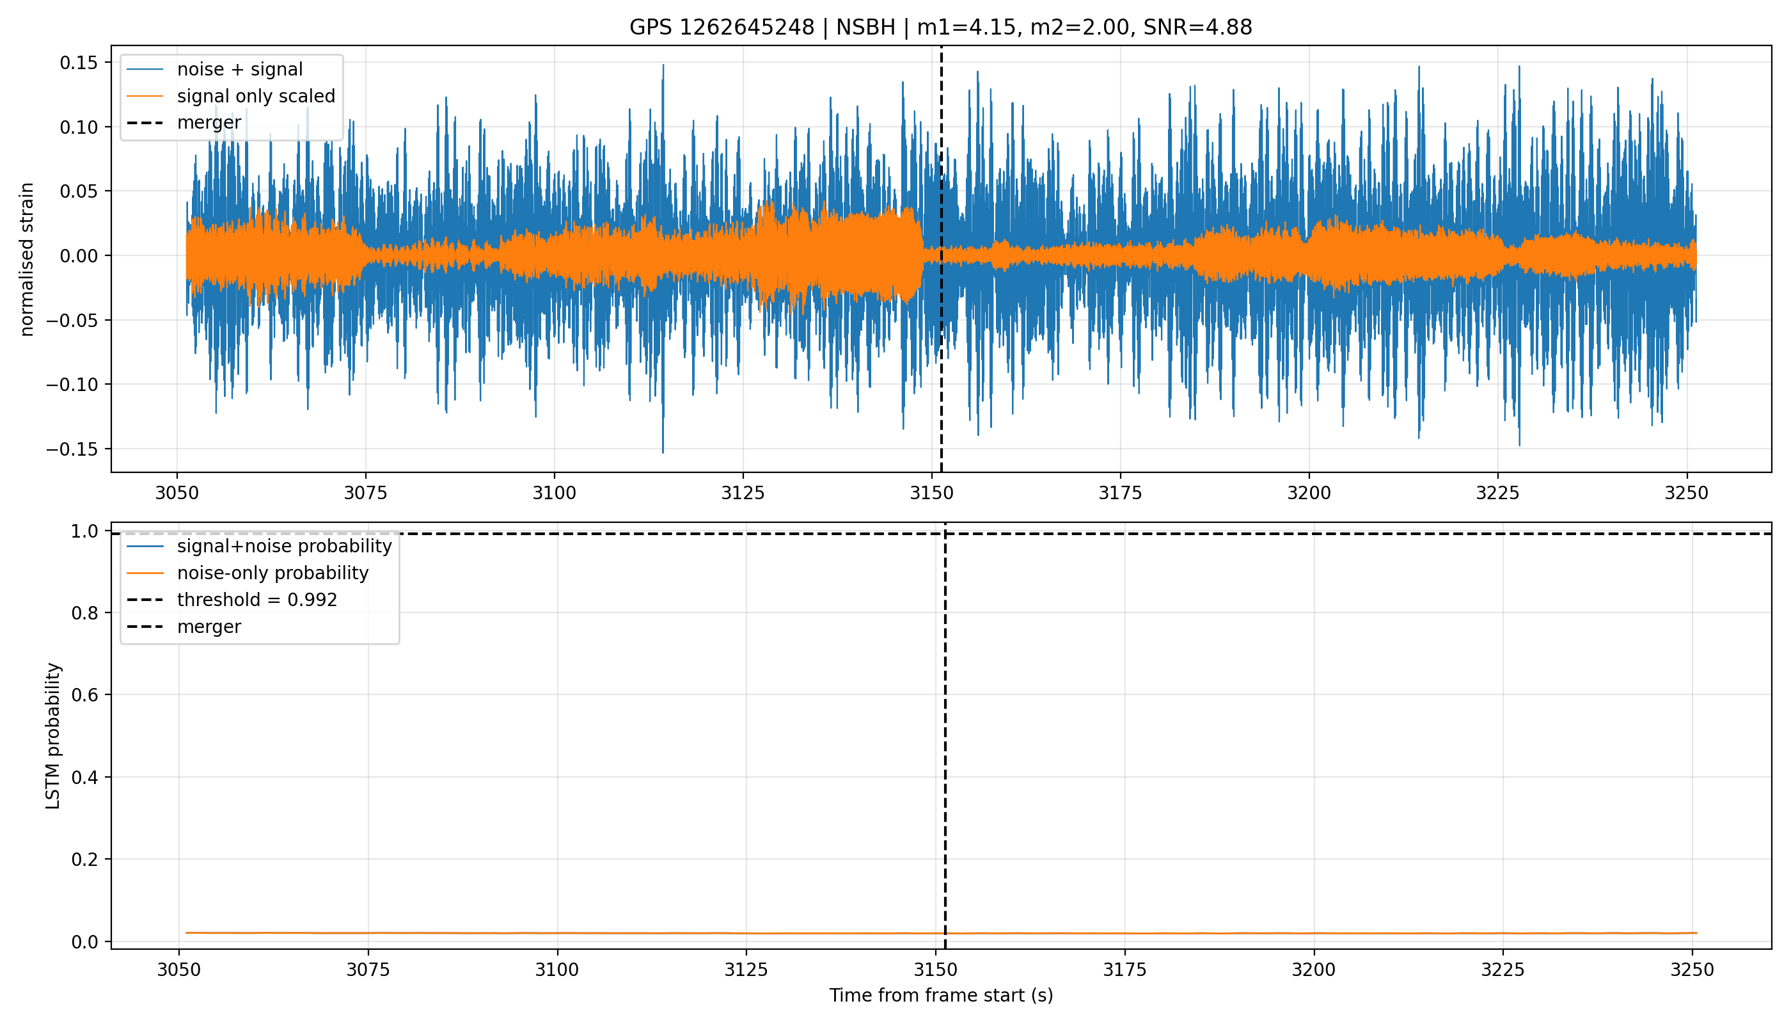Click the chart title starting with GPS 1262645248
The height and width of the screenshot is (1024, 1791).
[x=940, y=28]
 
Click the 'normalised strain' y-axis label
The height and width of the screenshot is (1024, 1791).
[x=27, y=259]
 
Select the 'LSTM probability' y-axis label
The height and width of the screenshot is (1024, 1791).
[x=54, y=735]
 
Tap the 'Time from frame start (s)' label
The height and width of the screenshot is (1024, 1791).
[x=940, y=995]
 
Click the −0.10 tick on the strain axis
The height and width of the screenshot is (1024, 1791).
[x=74, y=385]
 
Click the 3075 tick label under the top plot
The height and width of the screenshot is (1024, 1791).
[x=365, y=493]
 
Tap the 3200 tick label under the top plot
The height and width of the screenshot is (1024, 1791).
[x=1309, y=493]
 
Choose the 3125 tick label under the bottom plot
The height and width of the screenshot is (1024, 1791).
[x=746, y=970]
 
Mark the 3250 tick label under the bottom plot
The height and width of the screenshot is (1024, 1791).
[x=1692, y=970]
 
